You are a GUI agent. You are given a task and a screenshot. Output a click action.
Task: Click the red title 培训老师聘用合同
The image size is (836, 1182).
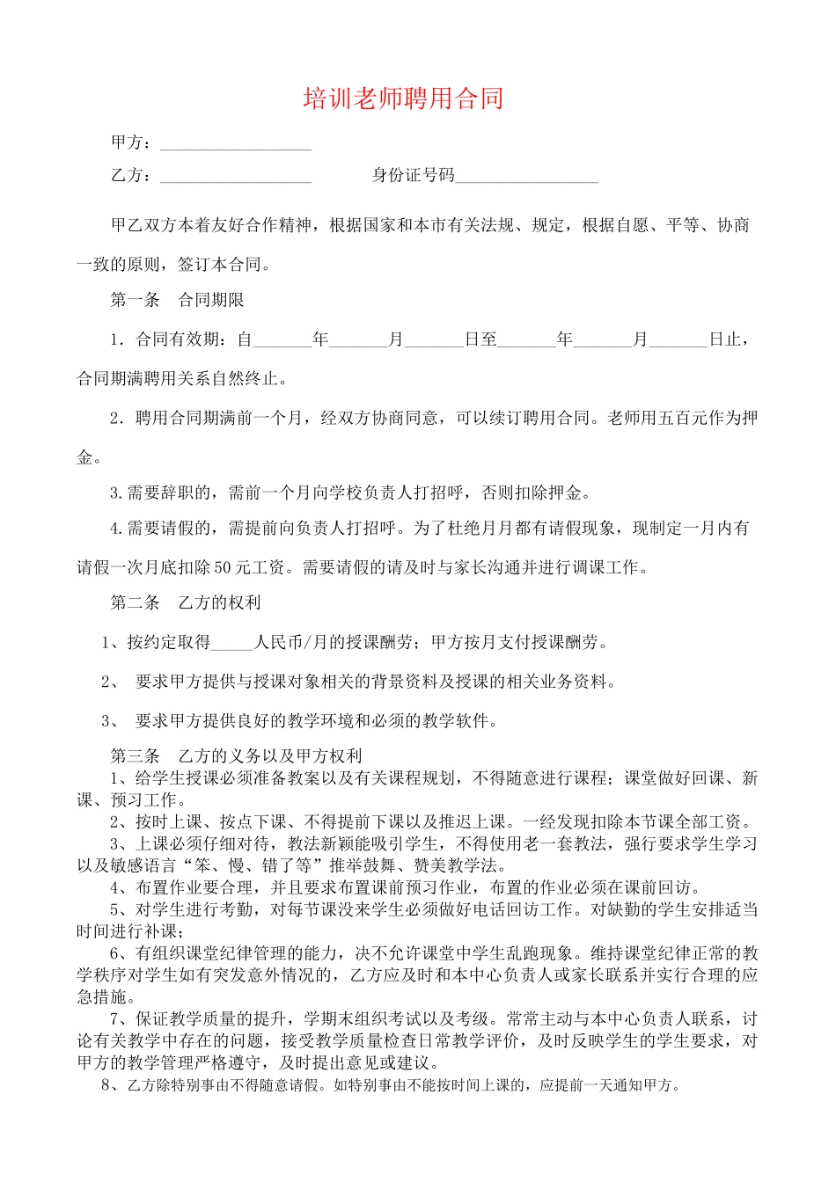(x=403, y=98)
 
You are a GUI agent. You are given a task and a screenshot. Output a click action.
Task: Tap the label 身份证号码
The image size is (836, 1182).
(x=414, y=175)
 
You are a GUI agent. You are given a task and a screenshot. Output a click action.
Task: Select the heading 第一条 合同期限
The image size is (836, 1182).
(x=177, y=300)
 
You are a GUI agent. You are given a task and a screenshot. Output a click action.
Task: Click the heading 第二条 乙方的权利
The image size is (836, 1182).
(x=186, y=602)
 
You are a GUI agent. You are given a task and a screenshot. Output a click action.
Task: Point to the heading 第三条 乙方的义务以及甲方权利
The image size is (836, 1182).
(x=236, y=755)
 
